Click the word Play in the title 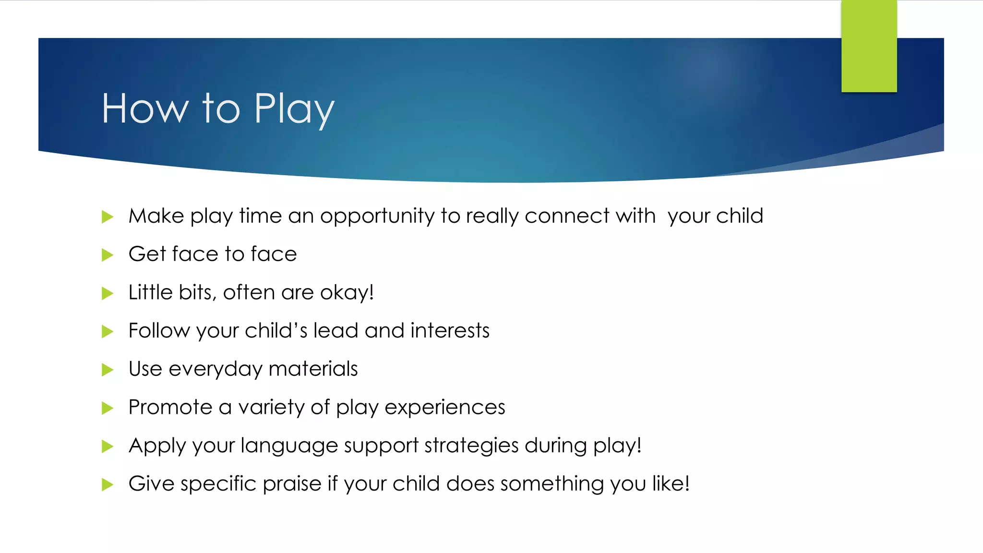[294, 109]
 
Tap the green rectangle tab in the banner [869, 46]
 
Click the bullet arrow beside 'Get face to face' [108, 255]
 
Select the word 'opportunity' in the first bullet [377, 216]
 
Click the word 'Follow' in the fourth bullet [159, 331]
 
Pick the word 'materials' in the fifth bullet [313, 369]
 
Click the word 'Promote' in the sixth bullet [170, 407]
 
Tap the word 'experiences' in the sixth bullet [445, 408]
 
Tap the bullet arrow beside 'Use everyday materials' [108, 370]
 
